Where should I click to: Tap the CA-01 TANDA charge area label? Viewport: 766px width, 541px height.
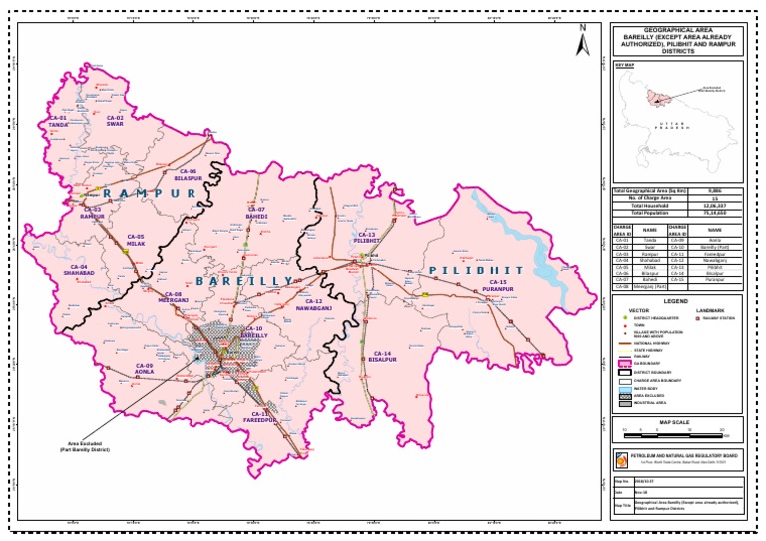[58, 121]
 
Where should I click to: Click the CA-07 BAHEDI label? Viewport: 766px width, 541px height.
[257, 212]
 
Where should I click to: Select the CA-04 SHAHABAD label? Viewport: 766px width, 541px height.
[79, 270]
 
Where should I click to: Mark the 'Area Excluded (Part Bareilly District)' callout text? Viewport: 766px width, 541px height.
[87, 449]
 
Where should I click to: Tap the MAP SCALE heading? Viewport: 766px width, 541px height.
[676, 423]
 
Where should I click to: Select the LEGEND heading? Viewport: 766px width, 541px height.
[676, 300]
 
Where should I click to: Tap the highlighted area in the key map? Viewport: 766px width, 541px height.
[655, 97]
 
